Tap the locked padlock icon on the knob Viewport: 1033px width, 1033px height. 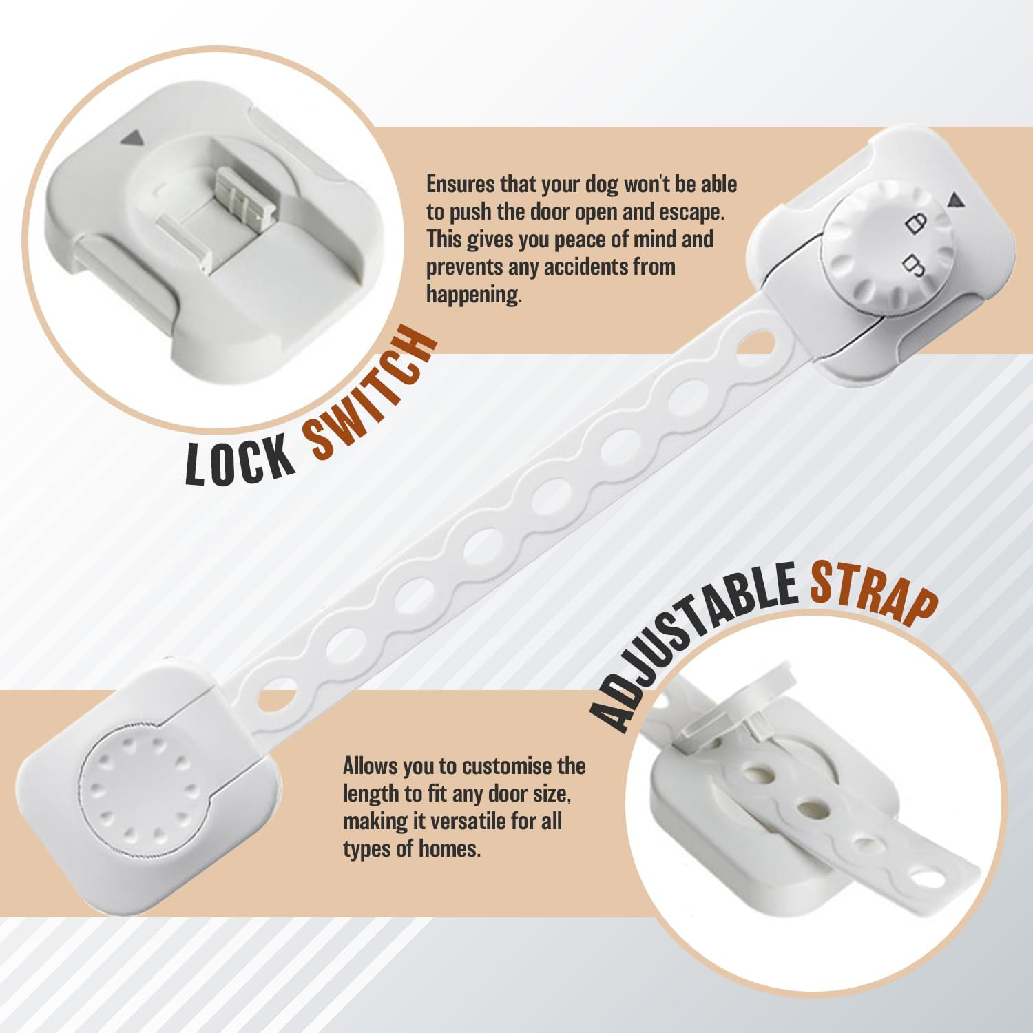916,223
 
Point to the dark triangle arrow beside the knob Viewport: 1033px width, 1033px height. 954,200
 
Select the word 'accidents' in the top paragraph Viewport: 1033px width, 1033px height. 585,267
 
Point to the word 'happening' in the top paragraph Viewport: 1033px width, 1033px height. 472,295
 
